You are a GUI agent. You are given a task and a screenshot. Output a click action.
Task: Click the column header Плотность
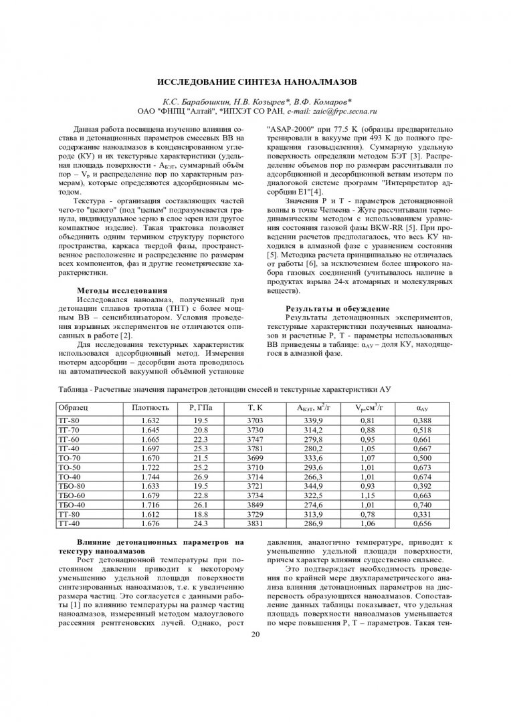(x=150, y=407)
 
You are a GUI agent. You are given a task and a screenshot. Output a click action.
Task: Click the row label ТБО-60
(x=72, y=495)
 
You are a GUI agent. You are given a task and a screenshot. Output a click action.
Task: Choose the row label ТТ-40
(x=70, y=524)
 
